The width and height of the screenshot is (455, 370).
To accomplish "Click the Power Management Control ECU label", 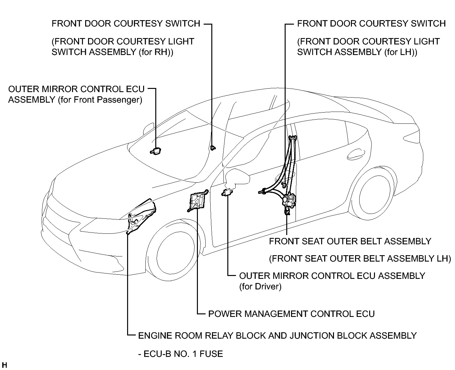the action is tap(291, 314).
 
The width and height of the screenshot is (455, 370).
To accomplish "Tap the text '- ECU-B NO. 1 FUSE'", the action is tap(181, 354).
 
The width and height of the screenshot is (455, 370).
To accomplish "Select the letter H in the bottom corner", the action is tap(4, 365).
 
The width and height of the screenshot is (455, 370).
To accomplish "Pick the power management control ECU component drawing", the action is tap(198, 200).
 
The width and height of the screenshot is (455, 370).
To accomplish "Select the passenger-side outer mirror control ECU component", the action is tap(156, 151).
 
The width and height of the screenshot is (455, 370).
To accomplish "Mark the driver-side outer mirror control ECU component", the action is tap(227, 193).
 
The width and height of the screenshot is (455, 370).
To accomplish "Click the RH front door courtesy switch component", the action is tap(213, 147).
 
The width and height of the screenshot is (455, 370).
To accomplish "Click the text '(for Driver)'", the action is tap(260, 287).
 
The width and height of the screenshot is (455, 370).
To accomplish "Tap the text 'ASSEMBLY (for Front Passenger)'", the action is tap(75, 100).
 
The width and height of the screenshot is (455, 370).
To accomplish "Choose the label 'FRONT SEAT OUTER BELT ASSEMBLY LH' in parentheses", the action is tap(360, 259).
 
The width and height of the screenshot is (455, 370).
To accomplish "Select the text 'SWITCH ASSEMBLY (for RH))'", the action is tap(112, 52).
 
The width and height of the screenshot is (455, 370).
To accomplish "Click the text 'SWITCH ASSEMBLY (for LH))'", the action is tap(357, 52).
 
